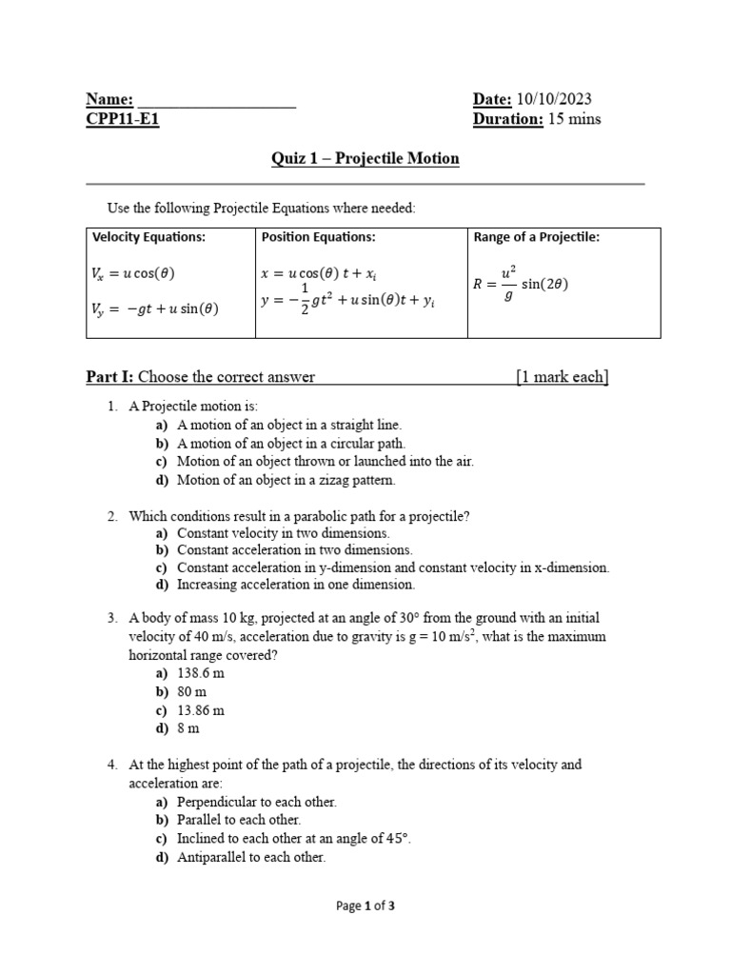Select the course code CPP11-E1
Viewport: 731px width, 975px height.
point(123,120)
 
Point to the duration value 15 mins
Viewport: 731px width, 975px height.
point(574,120)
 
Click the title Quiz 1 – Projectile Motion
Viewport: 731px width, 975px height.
point(365,158)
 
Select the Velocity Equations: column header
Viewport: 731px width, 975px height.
point(148,237)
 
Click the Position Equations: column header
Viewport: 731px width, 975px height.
point(318,237)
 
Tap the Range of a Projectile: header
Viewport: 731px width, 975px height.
point(536,237)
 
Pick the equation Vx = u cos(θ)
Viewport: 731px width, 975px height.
point(133,273)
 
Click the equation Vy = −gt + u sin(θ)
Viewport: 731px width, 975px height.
point(154,308)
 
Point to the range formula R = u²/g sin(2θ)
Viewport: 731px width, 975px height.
point(521,283)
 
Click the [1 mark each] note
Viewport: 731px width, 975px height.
point(562,377)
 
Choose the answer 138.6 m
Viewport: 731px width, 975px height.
point(201,673)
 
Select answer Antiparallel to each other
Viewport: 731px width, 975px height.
point(251,857)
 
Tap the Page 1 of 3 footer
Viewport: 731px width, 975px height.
point(365,906)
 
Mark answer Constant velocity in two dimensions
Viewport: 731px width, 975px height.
point(283,533)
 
